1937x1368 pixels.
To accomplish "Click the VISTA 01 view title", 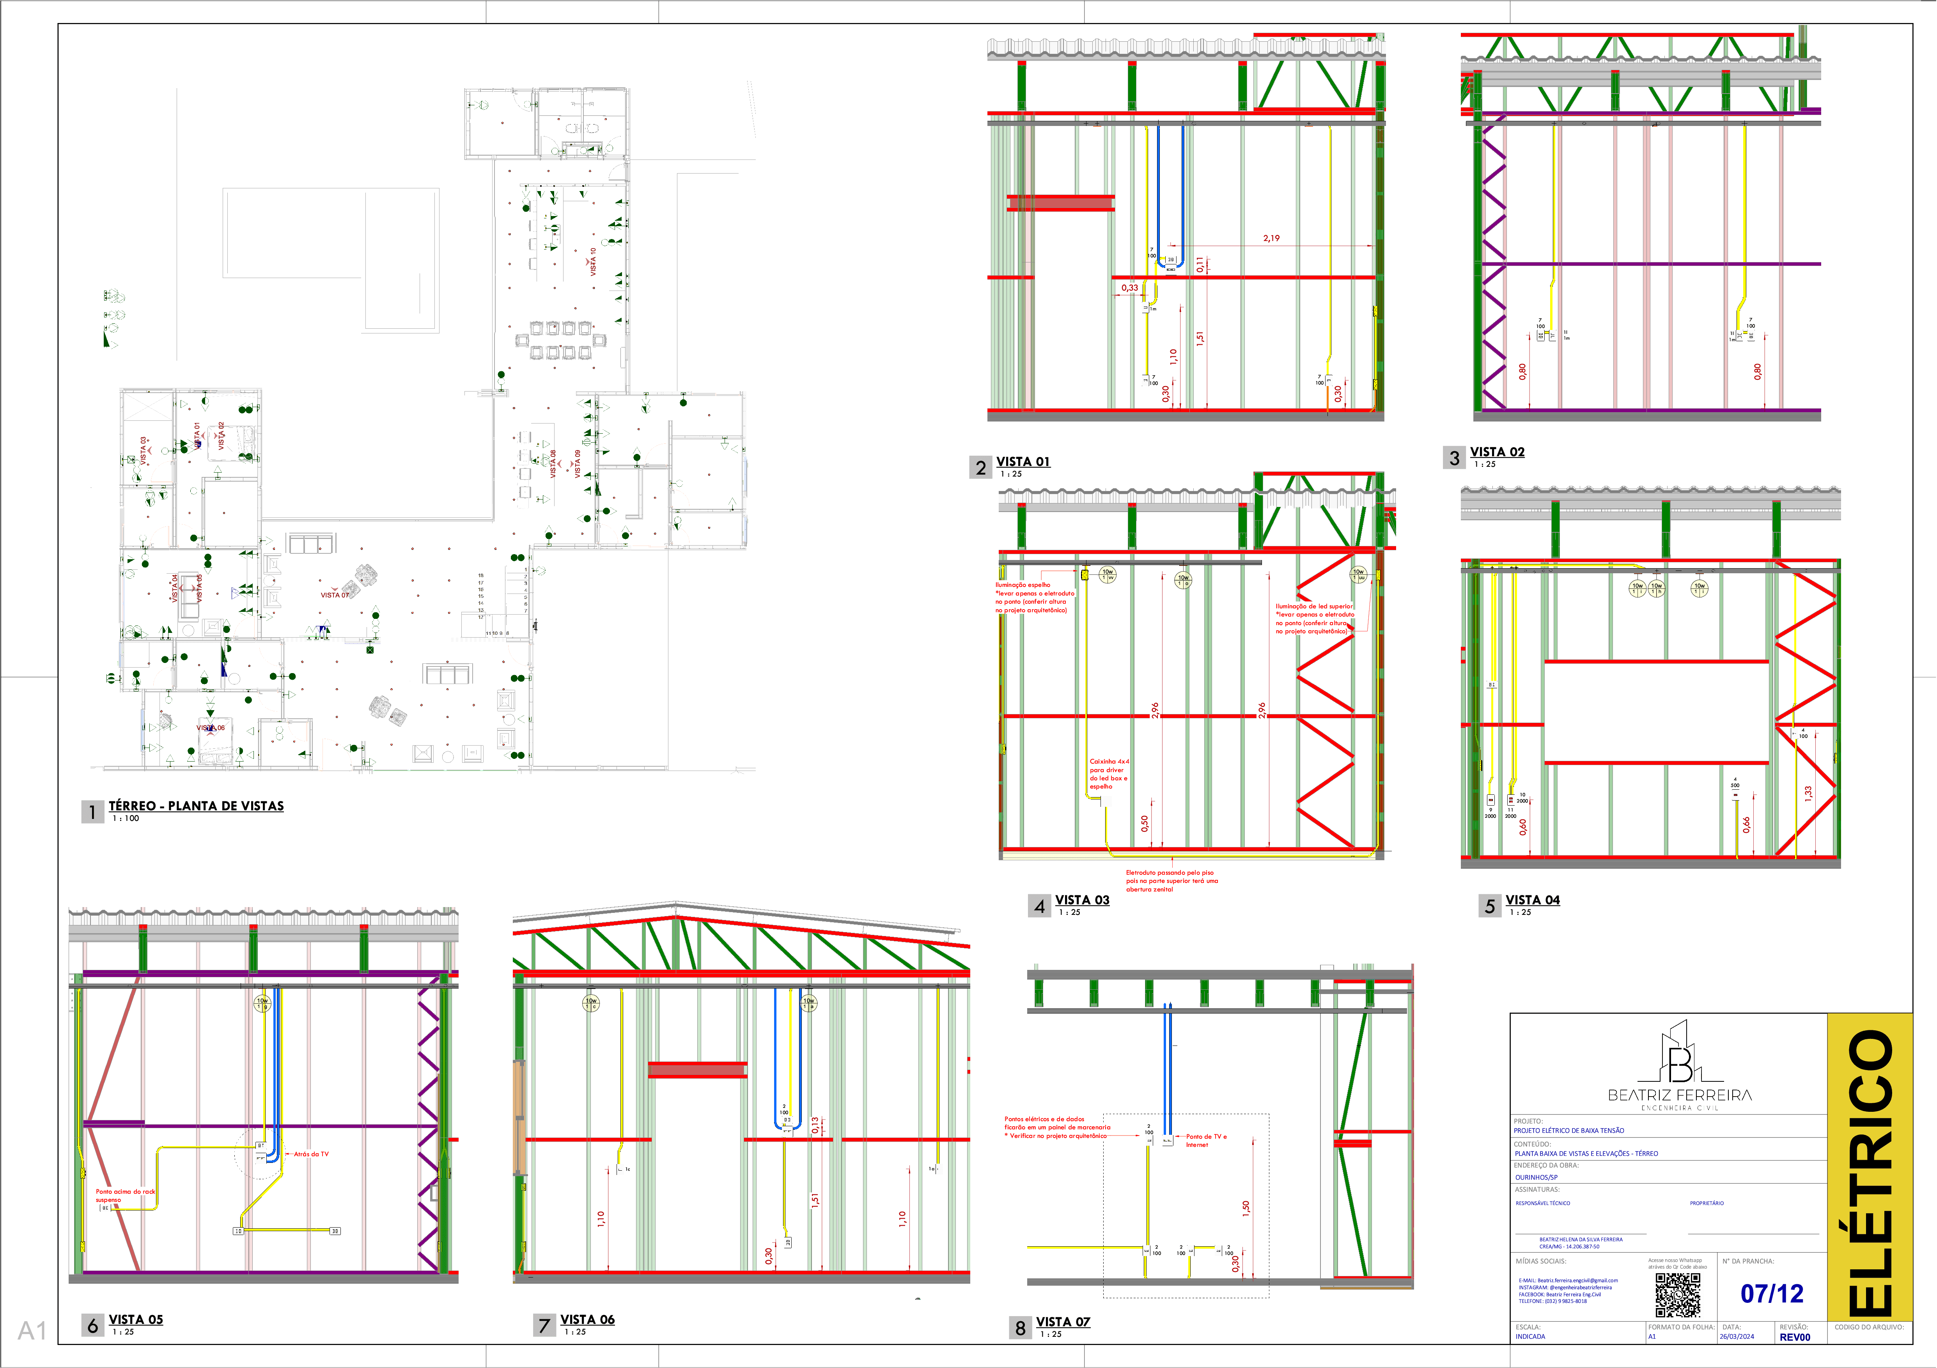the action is point(1023,461).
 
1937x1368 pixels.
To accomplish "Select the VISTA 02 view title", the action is point(1497,452).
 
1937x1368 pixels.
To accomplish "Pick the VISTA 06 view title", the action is point(587,1319).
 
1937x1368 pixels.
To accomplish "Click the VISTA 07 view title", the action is point(1063,1322).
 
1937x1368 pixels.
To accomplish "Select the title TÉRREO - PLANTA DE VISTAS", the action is point(196,805).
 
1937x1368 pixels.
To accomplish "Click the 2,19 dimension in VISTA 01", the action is point(1271,239).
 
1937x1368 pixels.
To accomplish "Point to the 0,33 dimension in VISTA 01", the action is point(1130,288).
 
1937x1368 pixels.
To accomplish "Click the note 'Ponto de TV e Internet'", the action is point(1207,1140).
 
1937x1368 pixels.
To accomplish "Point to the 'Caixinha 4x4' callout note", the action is point(1109,773).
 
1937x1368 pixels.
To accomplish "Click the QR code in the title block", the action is point(1677,1295).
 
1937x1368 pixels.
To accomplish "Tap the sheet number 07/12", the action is point(1772,1293).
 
